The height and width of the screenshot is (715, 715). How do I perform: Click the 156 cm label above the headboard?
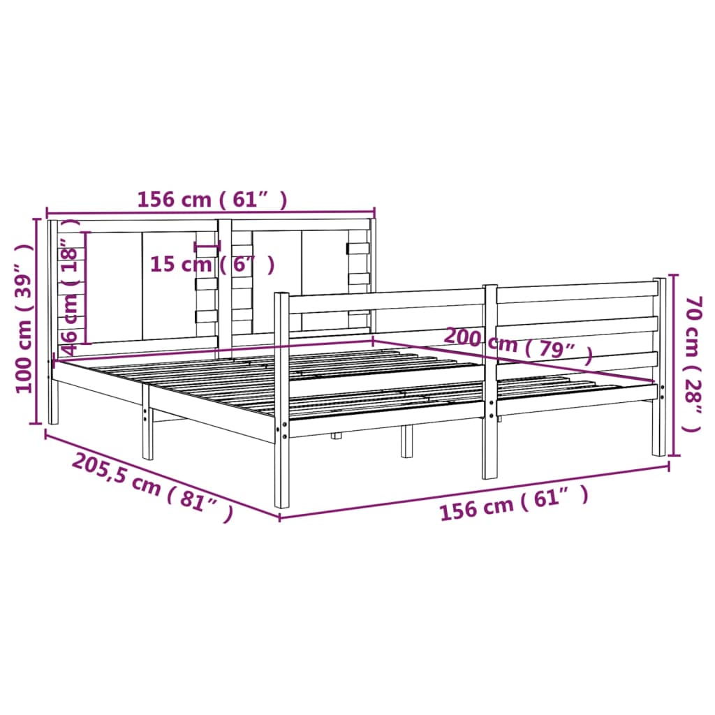click(212, 200)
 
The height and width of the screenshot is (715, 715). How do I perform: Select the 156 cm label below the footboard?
click(513, 504)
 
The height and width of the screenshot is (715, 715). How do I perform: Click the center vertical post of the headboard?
click(225, 279)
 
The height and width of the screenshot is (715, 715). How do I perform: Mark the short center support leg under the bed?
click(406, 441)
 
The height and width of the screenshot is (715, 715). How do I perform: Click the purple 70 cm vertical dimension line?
click(672, 363)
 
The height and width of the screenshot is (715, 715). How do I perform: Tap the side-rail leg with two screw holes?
click(147, 426)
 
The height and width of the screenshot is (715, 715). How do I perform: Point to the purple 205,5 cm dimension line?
click(161, 475)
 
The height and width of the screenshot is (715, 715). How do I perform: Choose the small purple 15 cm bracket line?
click(207, 246)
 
